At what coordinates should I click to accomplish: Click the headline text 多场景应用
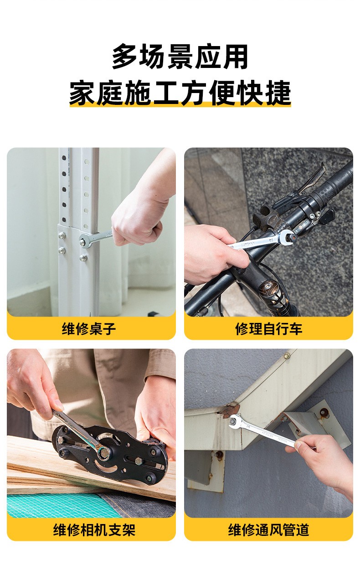180,57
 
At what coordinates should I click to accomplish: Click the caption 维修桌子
89,328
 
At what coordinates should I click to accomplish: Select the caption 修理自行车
268,328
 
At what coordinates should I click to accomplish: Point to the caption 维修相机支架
94,530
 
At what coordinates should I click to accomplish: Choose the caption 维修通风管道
268,530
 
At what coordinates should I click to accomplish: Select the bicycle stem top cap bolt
267,287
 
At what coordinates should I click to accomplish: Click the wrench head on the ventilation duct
235,421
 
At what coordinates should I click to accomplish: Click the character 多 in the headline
124,57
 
